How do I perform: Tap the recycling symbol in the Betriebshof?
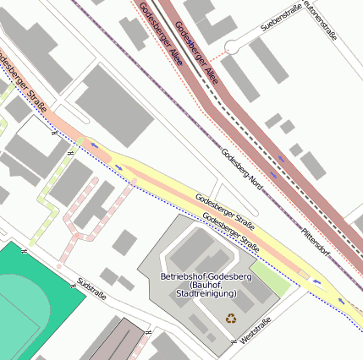click(x=231, y=319)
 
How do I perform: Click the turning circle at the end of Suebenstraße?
click(x=232, y=46)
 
